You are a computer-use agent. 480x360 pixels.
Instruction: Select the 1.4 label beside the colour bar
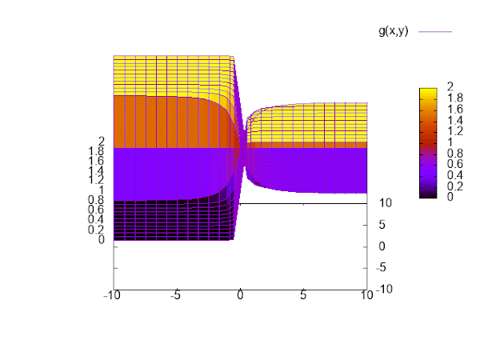(454, 119)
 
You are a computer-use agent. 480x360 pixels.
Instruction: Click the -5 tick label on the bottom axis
(176, 295)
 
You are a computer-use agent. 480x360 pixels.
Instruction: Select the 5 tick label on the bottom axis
(303, 295)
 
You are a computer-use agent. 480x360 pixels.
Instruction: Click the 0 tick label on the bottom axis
(240, 295)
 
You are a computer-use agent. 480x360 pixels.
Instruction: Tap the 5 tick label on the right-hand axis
(384, 225)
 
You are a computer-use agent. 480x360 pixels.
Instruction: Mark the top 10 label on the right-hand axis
(385, 203)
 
